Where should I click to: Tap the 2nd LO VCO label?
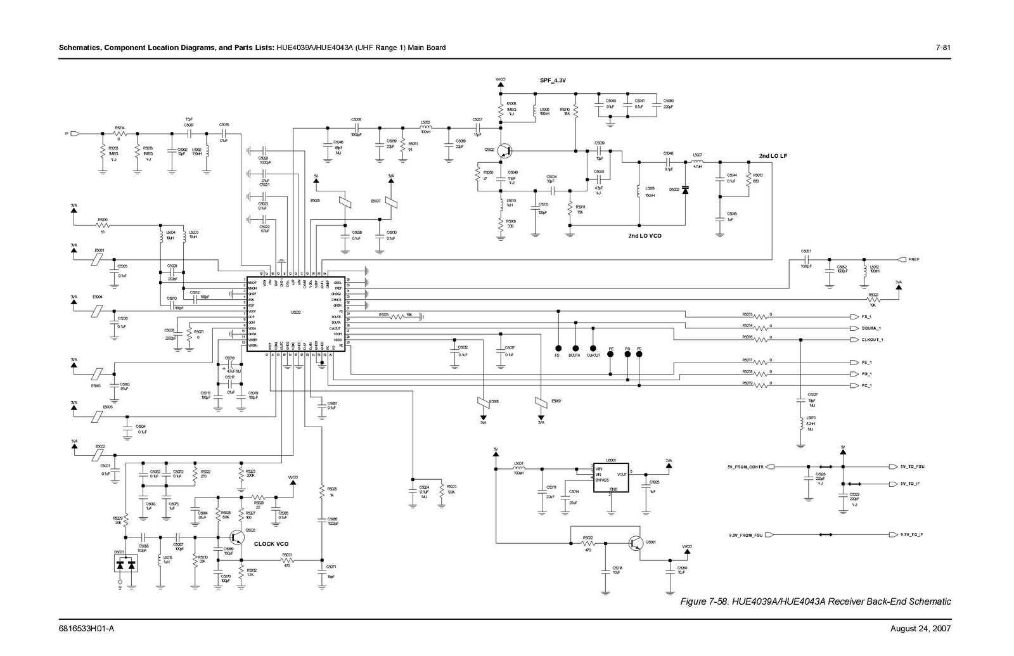[645, 235]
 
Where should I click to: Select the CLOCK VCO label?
[271, 544]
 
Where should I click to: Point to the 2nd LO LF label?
[773, 156]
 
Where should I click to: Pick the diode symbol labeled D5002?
[685, 189]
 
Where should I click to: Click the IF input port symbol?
[75, 134]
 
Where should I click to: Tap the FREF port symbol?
[902, 259]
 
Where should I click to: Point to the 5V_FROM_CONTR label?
[745, 466]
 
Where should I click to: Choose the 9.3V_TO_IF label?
[911, 535]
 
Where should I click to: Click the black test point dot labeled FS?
[558, 348]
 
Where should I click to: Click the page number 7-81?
[943, 48]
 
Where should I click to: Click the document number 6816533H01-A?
[86, 629]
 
